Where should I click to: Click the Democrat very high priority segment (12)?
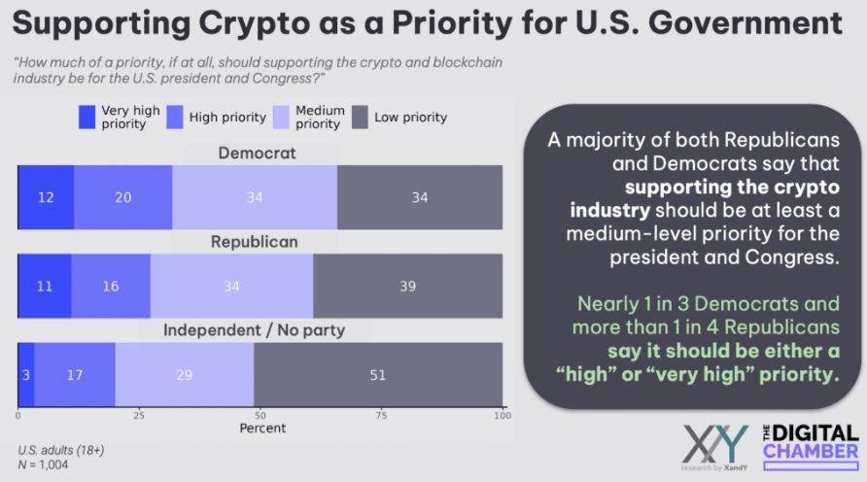(46, 198)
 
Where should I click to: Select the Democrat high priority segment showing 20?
(122, 198)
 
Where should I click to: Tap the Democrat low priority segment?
(419, 198)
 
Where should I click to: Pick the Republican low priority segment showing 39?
(407, 287)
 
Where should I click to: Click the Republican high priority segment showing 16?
(110, 287)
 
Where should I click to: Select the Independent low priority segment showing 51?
(377, 375)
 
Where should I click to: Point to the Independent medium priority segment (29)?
(184, 375)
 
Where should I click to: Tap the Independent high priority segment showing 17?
(75, 375)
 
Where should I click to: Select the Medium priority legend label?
(320, 118)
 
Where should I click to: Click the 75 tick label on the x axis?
(381, 416)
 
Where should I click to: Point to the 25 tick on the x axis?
(139, 416)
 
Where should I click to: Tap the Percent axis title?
(263, 428)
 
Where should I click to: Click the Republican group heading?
(255, 242)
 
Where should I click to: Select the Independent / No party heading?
(254, 330)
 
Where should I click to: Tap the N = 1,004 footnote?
(43, 465)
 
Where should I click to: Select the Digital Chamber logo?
(810, 442)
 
